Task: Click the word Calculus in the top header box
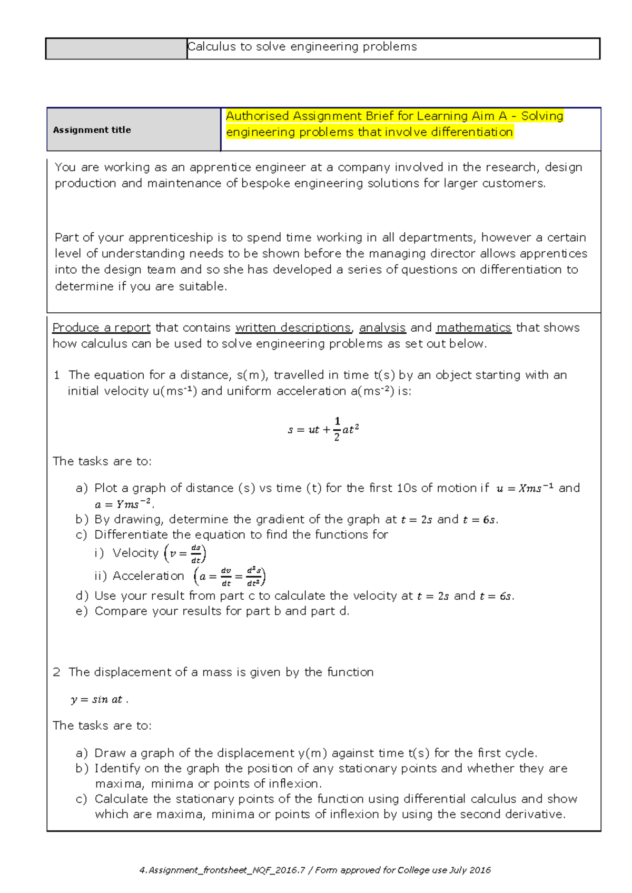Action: pos(212,47)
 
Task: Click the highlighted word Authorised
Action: pos(258,116)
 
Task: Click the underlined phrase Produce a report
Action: pos(101,328)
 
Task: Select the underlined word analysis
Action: pos(382,328)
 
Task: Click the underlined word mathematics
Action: pos(473,328)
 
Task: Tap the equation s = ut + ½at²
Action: pos(323,429)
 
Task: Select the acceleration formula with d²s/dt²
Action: pos(230,577)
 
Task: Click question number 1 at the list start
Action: pos(56,375)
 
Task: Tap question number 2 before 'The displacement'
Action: pos(56,672)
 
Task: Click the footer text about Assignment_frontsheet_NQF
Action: pos(315,870)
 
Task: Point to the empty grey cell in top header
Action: pos(116,48)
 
